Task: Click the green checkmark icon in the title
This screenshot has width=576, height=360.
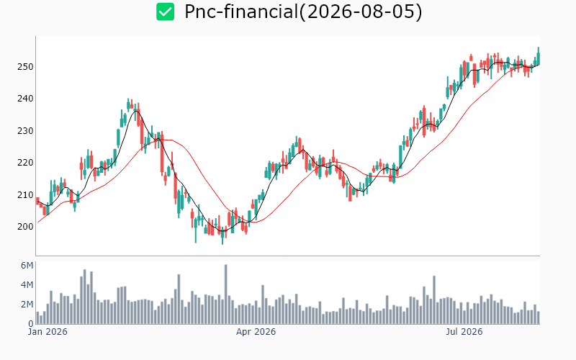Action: [166, 12]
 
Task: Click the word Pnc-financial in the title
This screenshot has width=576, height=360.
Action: [241, 12]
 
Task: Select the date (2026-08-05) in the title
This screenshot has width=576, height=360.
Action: [360, 12]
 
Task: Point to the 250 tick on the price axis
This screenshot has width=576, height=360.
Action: [25, 67]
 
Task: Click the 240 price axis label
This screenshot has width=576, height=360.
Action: [25, 99]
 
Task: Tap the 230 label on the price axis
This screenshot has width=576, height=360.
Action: [25, 131]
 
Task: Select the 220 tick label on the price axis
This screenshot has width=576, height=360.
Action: [25, 163]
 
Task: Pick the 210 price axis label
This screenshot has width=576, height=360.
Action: [25, 194]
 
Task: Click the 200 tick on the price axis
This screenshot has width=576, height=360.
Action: [25, 227]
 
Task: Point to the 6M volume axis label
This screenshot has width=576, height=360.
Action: [27, 266]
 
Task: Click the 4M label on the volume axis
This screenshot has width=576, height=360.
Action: [27, 285]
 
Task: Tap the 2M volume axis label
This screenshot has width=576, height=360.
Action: [27, 305]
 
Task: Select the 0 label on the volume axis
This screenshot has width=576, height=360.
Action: [31, 324]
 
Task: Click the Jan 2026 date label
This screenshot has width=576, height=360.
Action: [48, 332]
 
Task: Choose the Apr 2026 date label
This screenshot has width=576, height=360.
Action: [256, 332]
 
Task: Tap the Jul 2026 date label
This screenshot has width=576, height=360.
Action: [464, 332]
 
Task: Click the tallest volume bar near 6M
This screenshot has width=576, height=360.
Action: [225, 294]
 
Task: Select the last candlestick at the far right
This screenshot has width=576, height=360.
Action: [538, 57]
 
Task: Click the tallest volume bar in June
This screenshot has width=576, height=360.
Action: [434, 300]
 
